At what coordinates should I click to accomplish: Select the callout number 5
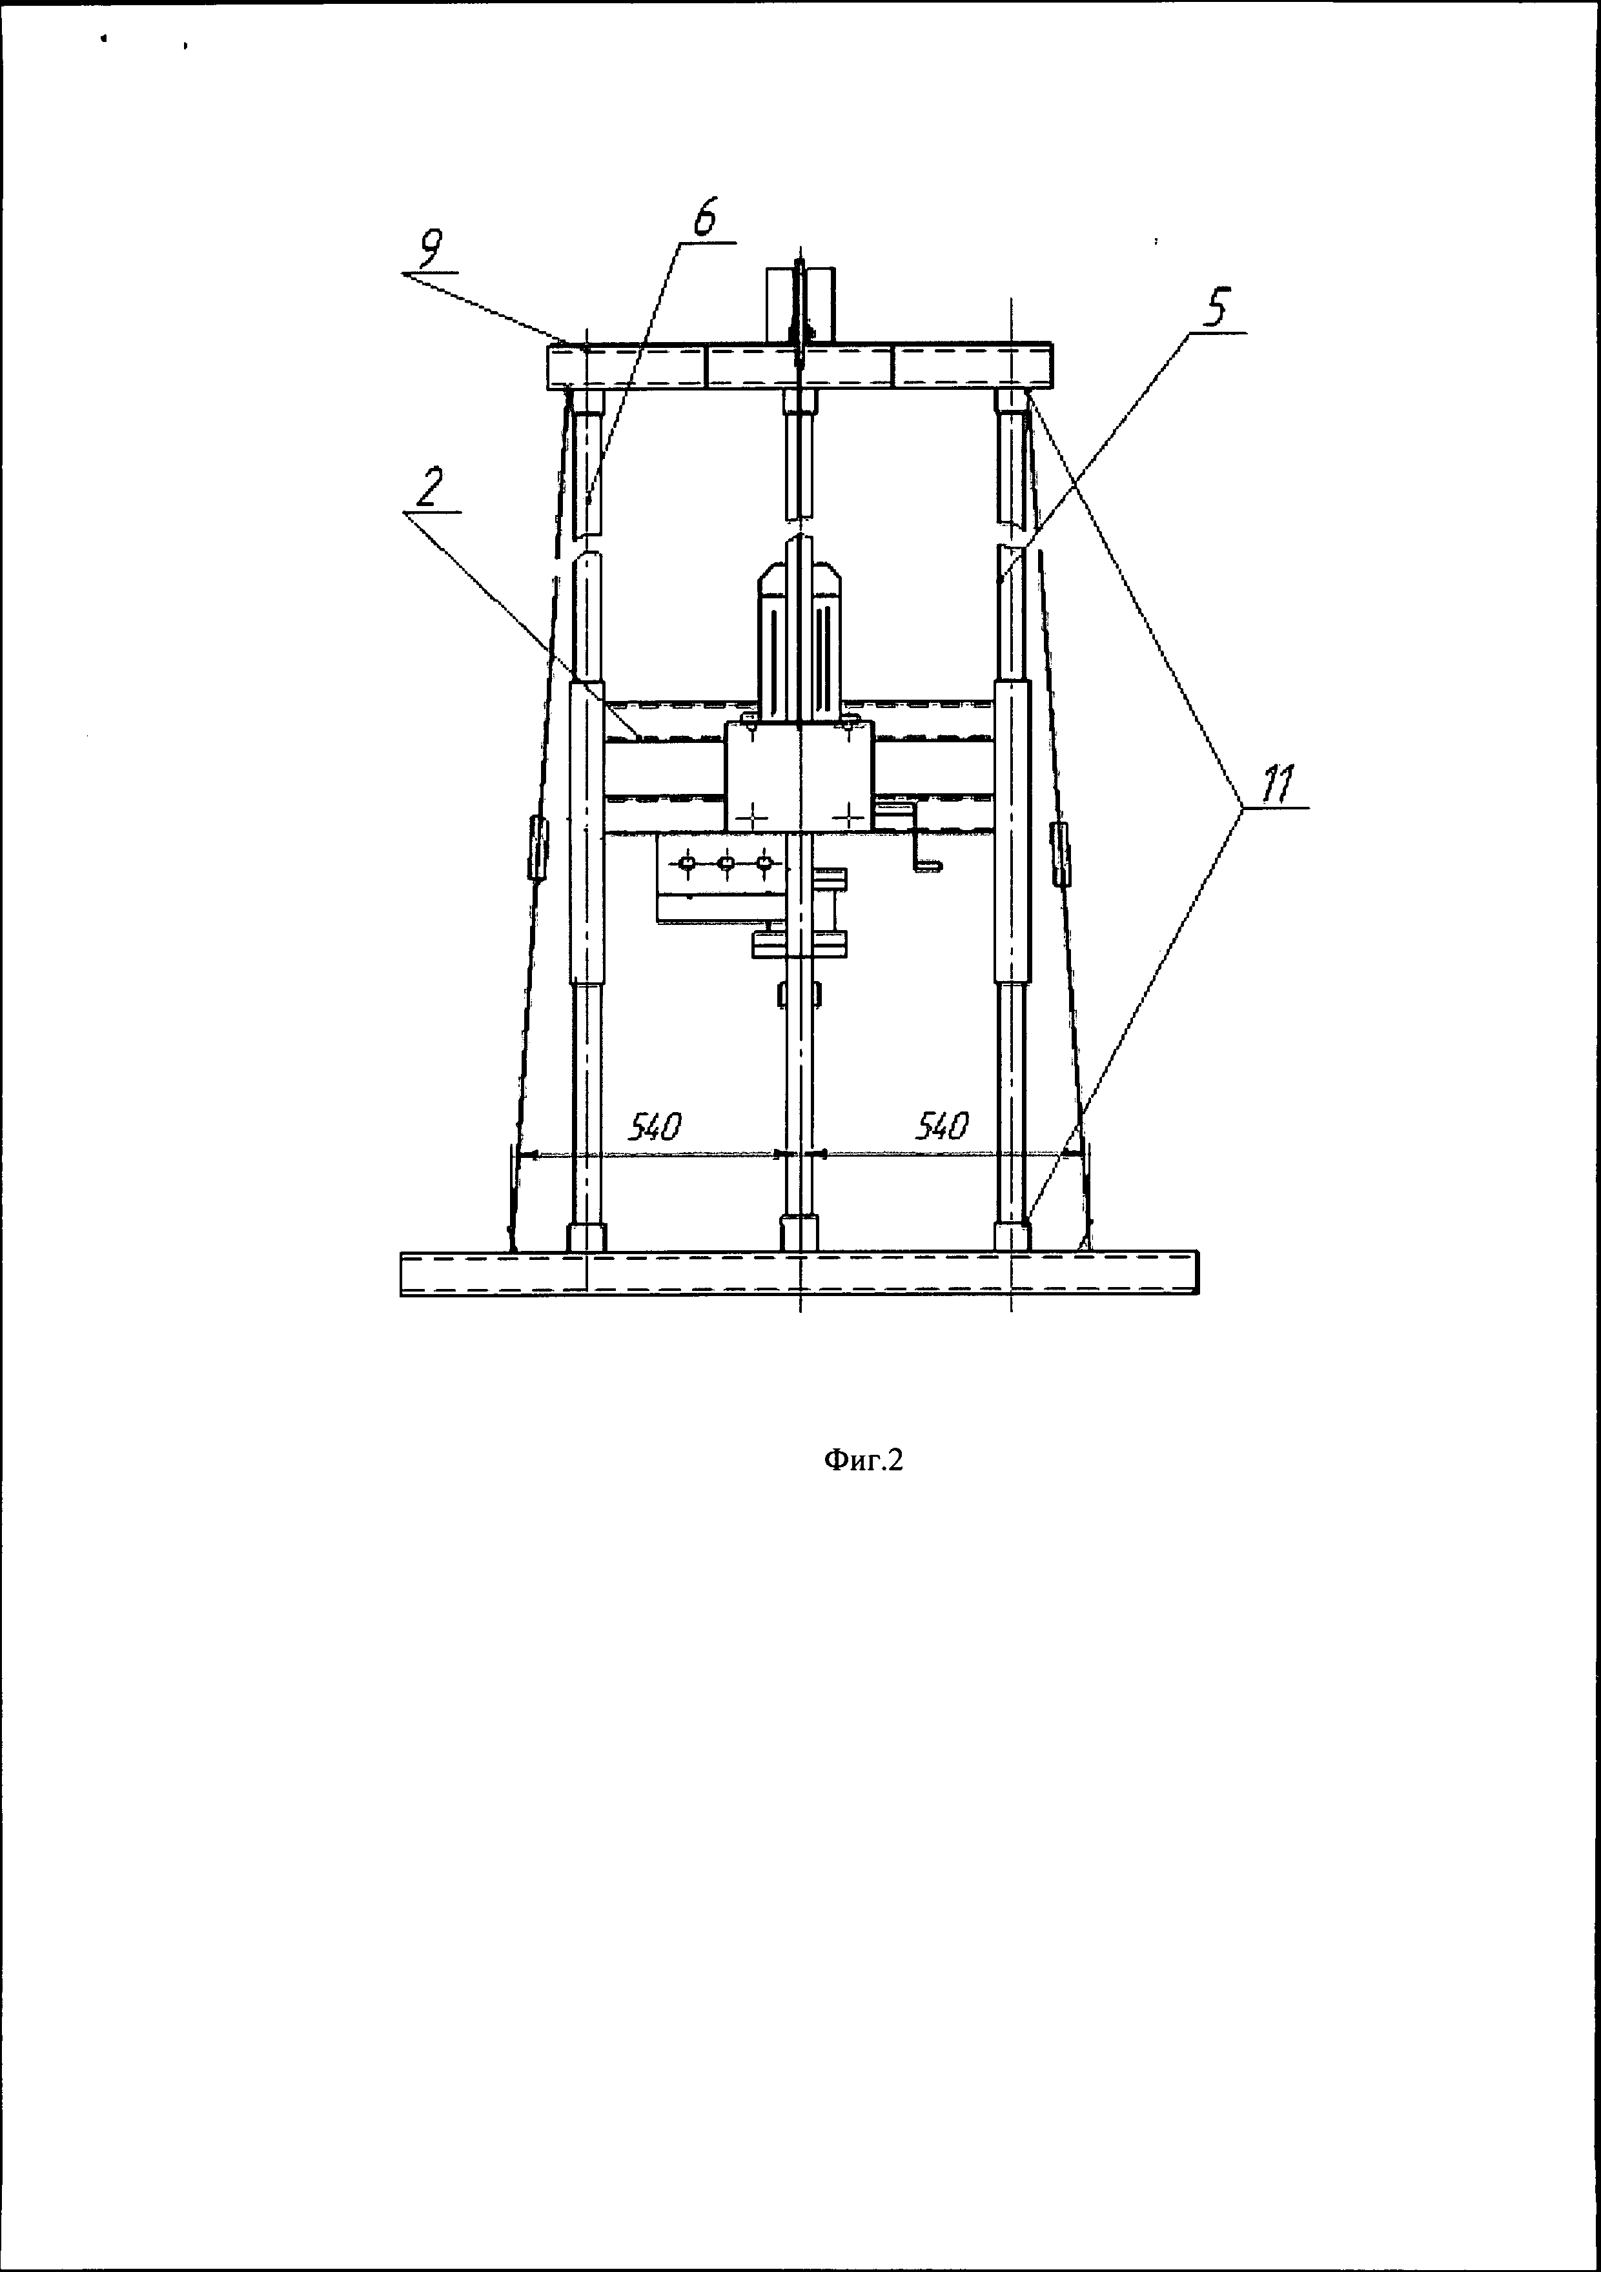point(1213,308)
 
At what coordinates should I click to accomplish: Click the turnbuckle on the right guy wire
point(1060,853)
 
